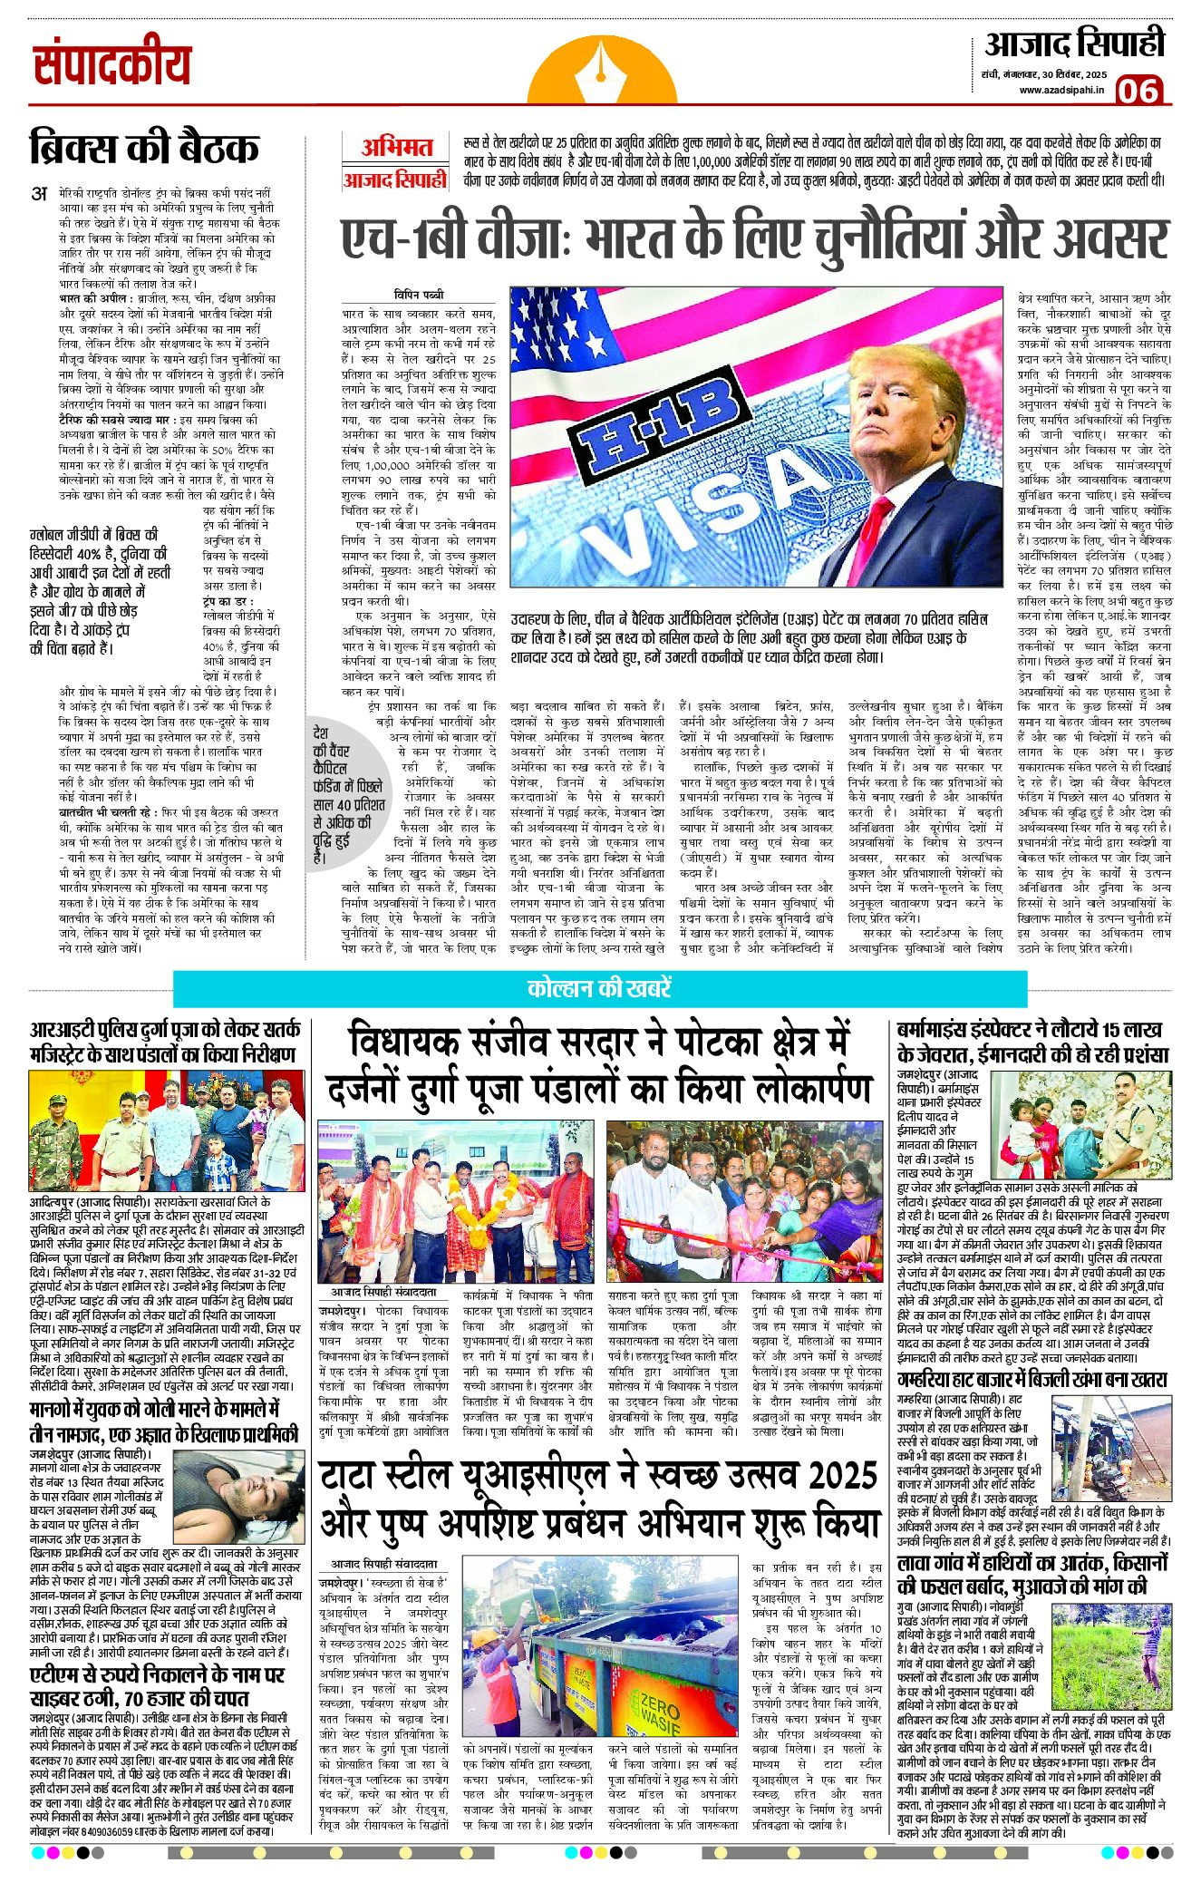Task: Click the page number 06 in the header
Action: point(1138,91)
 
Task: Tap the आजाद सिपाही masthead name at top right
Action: point(1074,44)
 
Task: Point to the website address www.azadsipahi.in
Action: point(1061,90)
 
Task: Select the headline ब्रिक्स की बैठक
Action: point(144,148)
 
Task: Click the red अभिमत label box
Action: point(396,148)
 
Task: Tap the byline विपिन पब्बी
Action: point(419,295)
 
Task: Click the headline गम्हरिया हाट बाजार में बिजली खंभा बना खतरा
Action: point(1032,1380)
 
